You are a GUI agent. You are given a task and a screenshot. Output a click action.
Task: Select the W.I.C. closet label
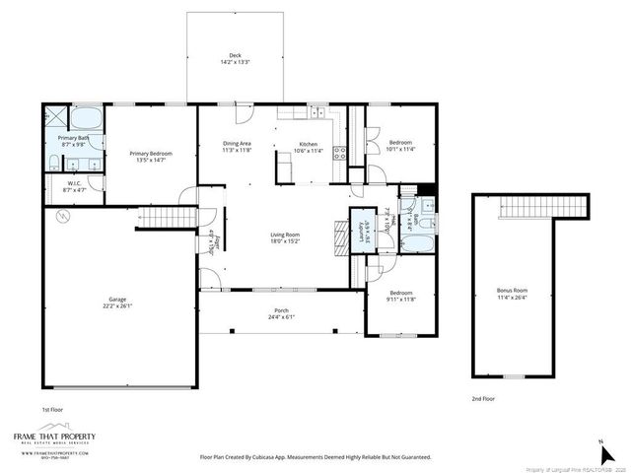(74, 186)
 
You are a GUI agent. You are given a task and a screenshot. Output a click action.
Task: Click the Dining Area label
(237, 147)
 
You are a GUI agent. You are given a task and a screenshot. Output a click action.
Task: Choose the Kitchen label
(310, 147)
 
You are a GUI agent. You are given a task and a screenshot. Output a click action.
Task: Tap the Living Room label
(285, 237)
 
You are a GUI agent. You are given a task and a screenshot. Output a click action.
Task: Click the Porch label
(281, 314)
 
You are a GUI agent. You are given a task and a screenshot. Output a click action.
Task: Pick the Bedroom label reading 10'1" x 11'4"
(399, 147)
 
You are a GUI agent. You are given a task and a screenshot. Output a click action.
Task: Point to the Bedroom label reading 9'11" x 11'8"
(401, 296)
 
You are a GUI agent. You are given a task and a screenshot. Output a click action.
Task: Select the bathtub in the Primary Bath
(86, 113)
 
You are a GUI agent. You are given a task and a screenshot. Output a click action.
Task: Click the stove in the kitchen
(339, 153)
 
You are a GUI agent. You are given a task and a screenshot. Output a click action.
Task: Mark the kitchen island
(285, 172)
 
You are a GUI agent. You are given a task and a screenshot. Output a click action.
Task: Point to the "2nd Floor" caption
(483, 399)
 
